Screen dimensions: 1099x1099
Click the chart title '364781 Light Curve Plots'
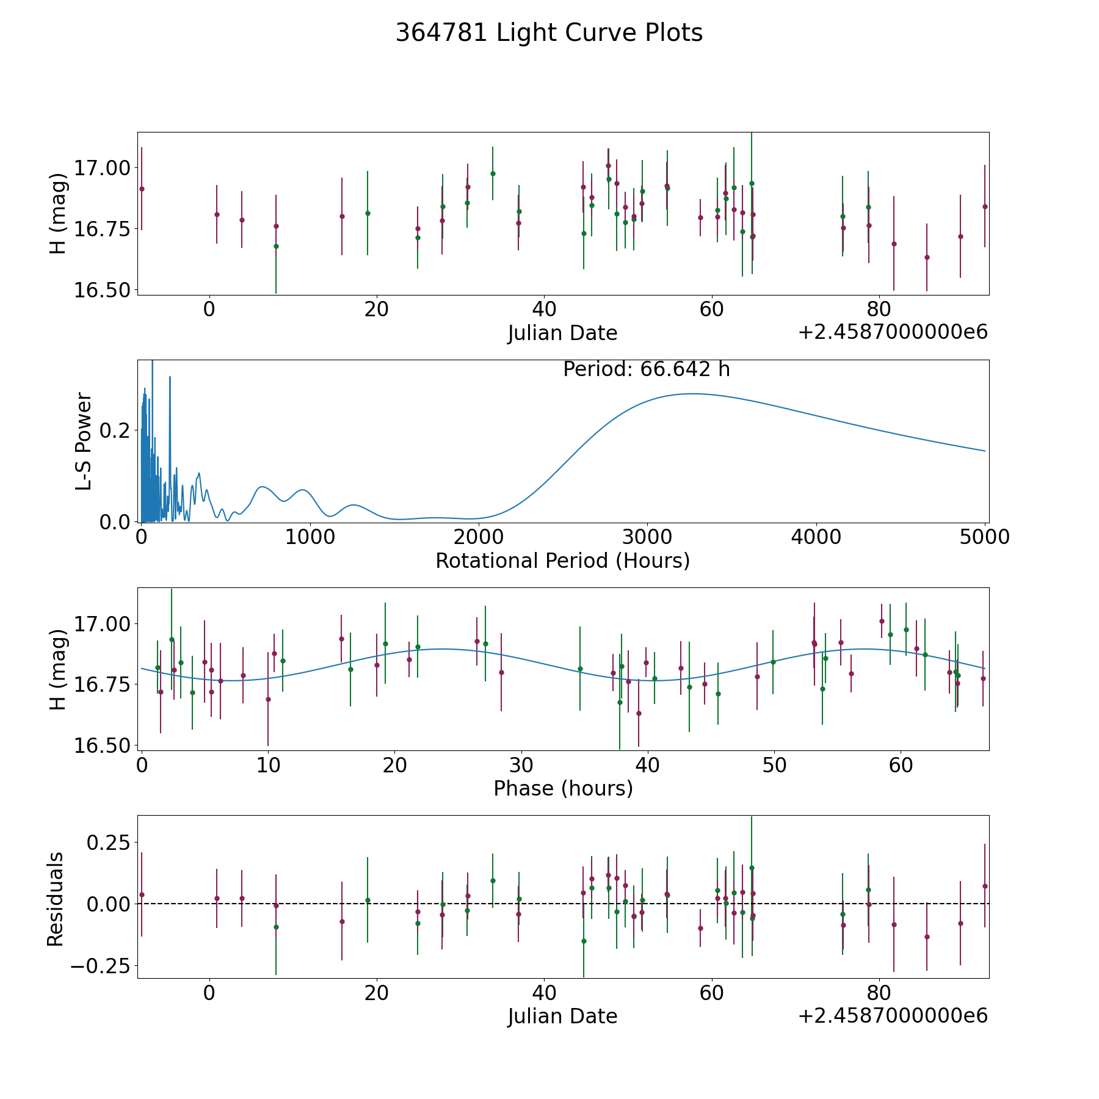(x=549, y=33)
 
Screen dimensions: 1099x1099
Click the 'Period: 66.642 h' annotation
(x=647, y=369)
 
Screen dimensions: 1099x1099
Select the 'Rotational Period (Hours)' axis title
(x=562, y=560)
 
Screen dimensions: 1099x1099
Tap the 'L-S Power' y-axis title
(x=84, y=441)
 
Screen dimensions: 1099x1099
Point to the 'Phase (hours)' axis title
(x=563, y=788)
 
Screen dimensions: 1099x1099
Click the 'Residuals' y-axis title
(x=56, y=899)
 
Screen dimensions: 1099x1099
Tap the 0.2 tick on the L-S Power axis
(x=116, y=430)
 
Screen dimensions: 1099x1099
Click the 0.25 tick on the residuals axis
(x=107, y=843)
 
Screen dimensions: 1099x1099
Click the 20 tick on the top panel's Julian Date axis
(x=376, y=309)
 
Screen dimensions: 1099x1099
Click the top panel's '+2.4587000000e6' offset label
(x=893, y=332)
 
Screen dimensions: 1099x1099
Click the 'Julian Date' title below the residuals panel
(x=562, y=1016)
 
